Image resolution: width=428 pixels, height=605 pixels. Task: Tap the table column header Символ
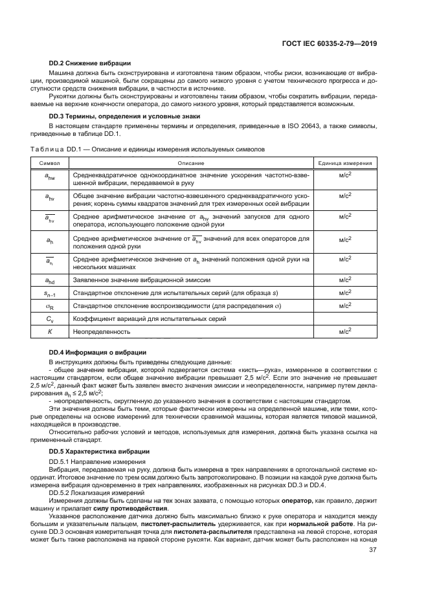point(51,164)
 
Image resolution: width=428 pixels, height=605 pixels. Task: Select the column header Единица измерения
point(345,164)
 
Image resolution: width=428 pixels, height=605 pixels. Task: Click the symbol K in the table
point(50,331)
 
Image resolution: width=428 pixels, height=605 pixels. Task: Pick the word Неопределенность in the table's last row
point(102,331)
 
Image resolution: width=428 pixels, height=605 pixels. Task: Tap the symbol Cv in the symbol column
point(50,318)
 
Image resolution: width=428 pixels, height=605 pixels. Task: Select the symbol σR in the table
point(50,305)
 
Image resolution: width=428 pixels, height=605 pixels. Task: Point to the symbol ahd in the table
point(50,280)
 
